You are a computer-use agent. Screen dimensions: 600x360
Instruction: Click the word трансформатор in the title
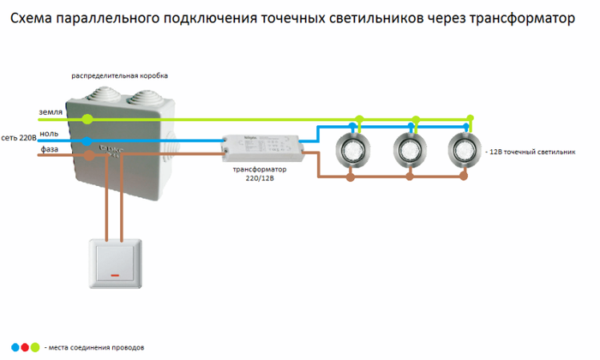pyautogui.click(x=522, y=18)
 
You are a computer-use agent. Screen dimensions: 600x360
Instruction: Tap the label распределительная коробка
pyautogui.click(x=120, y=75)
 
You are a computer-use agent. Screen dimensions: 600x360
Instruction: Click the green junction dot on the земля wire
pyautogui.click(x=87, y=119)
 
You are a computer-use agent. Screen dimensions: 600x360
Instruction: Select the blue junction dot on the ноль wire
pyautogui.click(x=87, y=141)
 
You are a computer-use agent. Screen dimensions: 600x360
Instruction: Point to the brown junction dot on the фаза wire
pyautogui.click(x=89, y=155)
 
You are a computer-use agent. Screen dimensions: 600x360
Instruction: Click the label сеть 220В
pyautogui.click(x=19, y=138)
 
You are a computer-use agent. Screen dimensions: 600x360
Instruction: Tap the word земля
pyautogui.click(x=51, y=112)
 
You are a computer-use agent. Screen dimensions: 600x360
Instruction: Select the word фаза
pyautogui.click(x=50, y=149)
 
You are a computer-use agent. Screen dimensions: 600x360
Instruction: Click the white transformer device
pyautogui.click(x=264, y=147)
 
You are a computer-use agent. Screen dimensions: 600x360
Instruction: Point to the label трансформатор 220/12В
pyautogui.click(x=260, y=174)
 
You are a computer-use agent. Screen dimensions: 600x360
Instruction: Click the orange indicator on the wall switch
pyautogui.click(x=115, y=275)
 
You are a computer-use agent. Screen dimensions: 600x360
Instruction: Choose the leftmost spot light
pyautogui.click(x=352, y=150)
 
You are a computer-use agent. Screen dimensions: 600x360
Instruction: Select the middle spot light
pyautogui.click(x=410, y=150)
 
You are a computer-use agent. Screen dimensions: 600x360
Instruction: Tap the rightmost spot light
pyautogui.click(x=465, y=150)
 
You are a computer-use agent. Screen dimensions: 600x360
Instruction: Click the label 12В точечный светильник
pyautogui.click(x=532, y=152)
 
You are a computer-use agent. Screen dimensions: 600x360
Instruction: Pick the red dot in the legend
pyautogui.click(x=25, y=347)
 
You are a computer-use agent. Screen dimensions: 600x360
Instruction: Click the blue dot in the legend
pyautogui.click(x=15, y=347)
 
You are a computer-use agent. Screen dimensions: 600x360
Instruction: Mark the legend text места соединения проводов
pyautogui.click(x=96, y=348)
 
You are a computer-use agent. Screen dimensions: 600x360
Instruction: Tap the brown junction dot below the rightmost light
pyautogui.click(x=464, y=176)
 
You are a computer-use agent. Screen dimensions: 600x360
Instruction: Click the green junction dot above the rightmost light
pyautogui.click(x=471, y=117)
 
